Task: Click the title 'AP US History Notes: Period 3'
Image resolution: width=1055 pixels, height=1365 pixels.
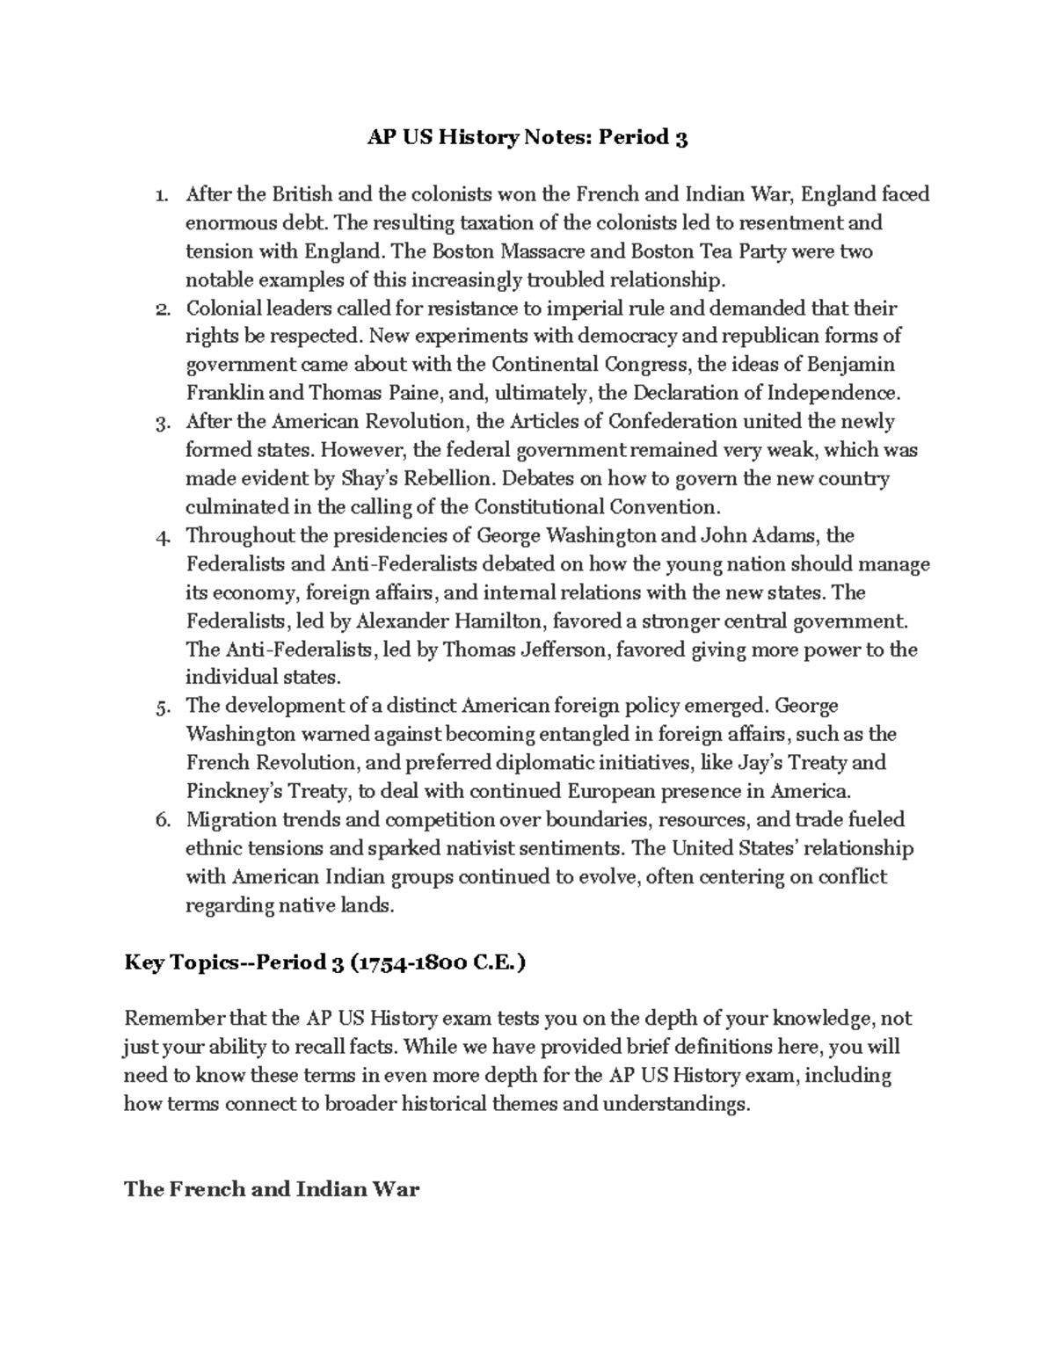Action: (527, 138)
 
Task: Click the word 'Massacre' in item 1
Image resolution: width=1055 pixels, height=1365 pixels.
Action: (542, 252)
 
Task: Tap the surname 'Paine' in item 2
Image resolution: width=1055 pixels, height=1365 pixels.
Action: (399, 393)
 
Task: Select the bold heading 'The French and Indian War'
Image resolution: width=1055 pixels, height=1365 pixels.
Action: (272, 1190)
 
